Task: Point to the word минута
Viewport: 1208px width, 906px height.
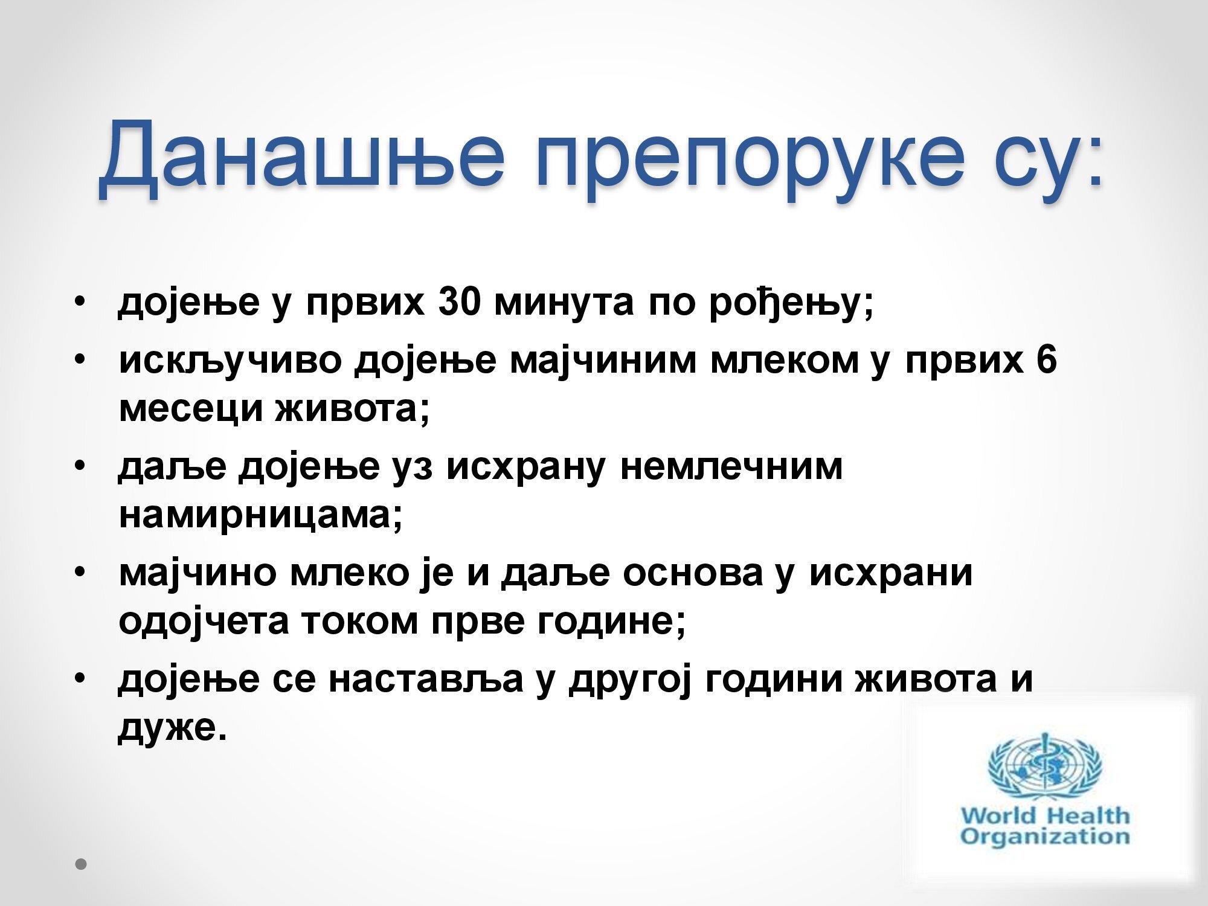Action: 564,303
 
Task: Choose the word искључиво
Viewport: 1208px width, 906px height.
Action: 230,362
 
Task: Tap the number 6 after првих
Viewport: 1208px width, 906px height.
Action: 1046,359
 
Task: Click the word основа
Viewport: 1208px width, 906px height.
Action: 692,573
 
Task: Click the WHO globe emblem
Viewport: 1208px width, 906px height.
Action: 1044,766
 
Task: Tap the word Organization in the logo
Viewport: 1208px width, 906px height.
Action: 1044,837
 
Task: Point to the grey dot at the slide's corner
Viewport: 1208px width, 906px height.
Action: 81,864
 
